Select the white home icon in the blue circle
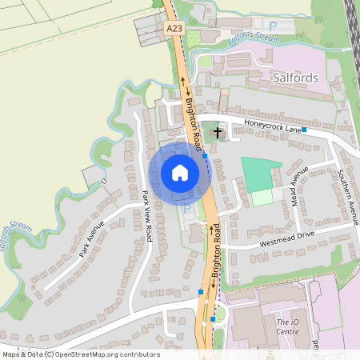point(179,172)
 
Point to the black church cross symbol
point(218,130)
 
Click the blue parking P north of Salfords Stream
point(274,26)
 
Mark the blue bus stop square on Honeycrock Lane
point(304,129)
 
